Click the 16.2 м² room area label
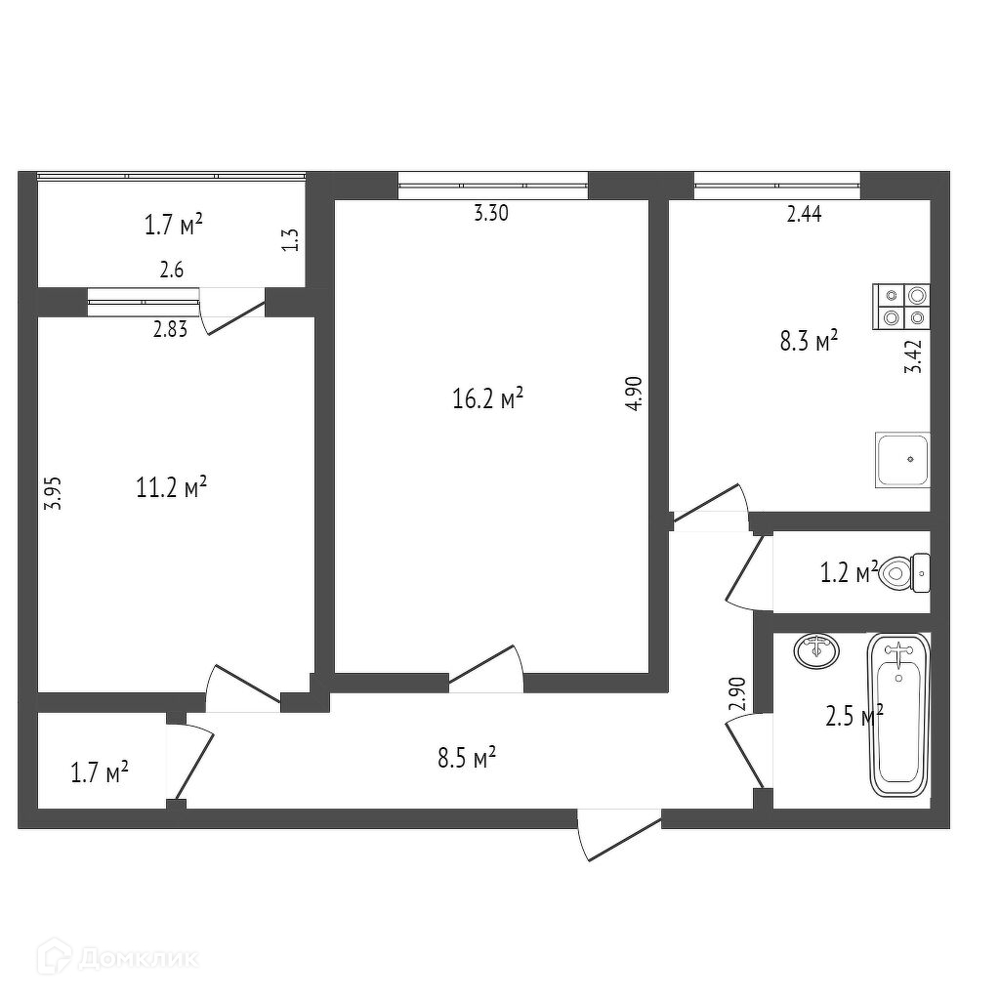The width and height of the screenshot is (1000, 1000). coord(489,399)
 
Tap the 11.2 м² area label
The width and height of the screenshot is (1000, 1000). coord(172,487)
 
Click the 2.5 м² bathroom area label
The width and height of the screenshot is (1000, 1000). coord(854,717)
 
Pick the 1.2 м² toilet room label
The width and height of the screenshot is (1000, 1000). coord(849,573)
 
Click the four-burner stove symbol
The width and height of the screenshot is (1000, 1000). coord(902,305)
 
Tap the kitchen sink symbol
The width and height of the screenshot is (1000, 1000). coord(902,460)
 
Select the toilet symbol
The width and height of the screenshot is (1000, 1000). coord(904,572)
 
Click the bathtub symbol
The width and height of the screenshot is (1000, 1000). coord(898,713)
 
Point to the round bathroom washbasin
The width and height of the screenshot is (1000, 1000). coord(815,650)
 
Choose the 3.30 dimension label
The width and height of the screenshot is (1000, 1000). coord(490,216)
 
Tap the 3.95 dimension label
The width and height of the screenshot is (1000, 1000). coord(55,492)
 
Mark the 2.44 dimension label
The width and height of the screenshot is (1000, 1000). coord(804,216)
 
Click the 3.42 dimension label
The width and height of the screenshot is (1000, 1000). coord(914,357)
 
